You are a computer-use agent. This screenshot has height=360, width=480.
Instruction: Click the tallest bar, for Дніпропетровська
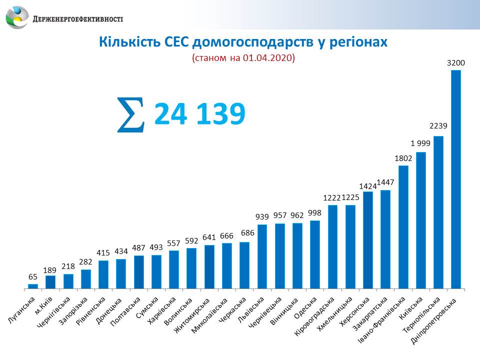pyautogui.click(x=456, y=180)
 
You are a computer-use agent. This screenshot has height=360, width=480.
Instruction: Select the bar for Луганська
pyautogui.click(x=33, y=286)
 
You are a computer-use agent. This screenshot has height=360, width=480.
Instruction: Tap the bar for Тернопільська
pyautogui.click(x=438, y=212)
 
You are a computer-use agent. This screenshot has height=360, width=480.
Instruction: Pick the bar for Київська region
pyautogui.click(x=420, y=220)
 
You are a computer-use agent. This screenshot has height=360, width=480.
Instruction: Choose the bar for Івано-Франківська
pyautogui.click(x=403, y=227)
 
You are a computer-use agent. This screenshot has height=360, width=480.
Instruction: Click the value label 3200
pyautogui.click(x=456, y=63)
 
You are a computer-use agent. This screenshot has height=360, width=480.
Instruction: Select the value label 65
pyautogui.click(x=32, y=277)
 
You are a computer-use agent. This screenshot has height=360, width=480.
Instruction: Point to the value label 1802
pyautogui.click(x=403, y=158)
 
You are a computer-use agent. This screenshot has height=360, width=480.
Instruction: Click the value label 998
pyautogui.click(x=314, y=213)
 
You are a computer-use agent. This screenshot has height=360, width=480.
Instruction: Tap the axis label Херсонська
pyautogui.click(x=358, y=312)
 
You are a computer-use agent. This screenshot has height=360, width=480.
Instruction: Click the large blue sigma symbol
pyautogui.click(x=130, y=115)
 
